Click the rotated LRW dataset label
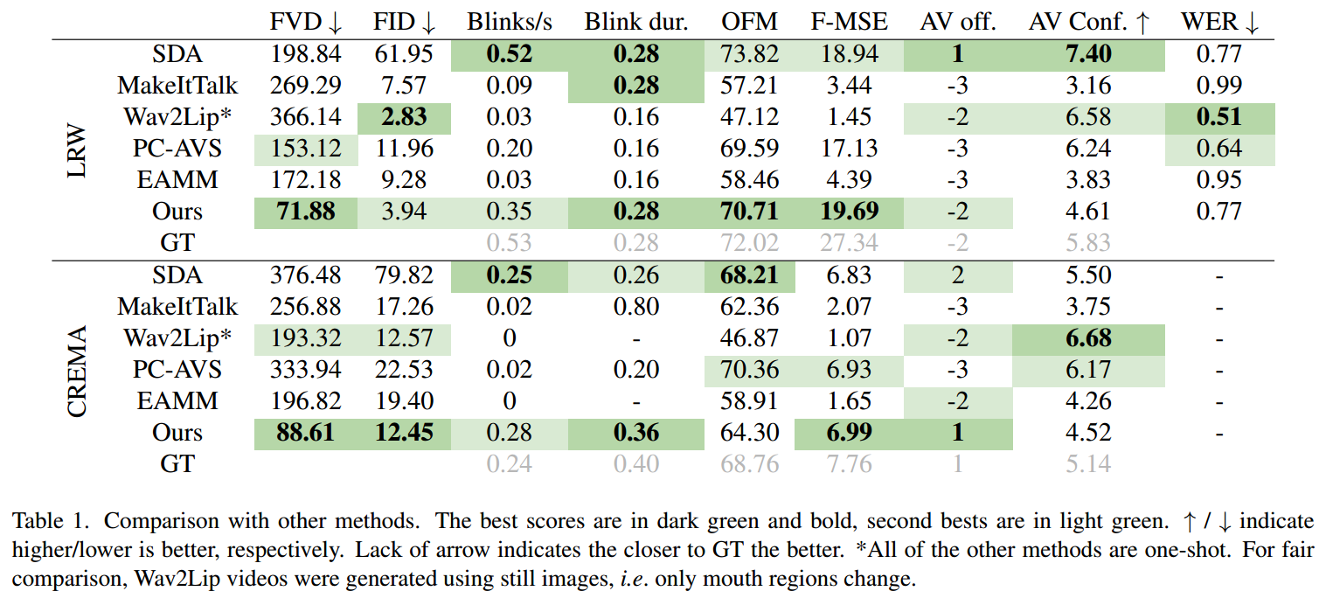coord(78,149)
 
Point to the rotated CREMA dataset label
coord(78,371)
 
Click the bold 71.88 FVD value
coord(305,212)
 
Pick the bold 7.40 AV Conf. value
coord(1088,54)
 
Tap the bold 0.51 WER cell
coord(1219,117)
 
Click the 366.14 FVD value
coord(305,117)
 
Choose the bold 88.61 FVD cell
coord(305,433)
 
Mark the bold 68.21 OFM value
coord(750,275)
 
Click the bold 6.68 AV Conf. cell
coord(1088,338)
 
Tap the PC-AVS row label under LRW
coord(177,149)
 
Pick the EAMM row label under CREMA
coord(177,401)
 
